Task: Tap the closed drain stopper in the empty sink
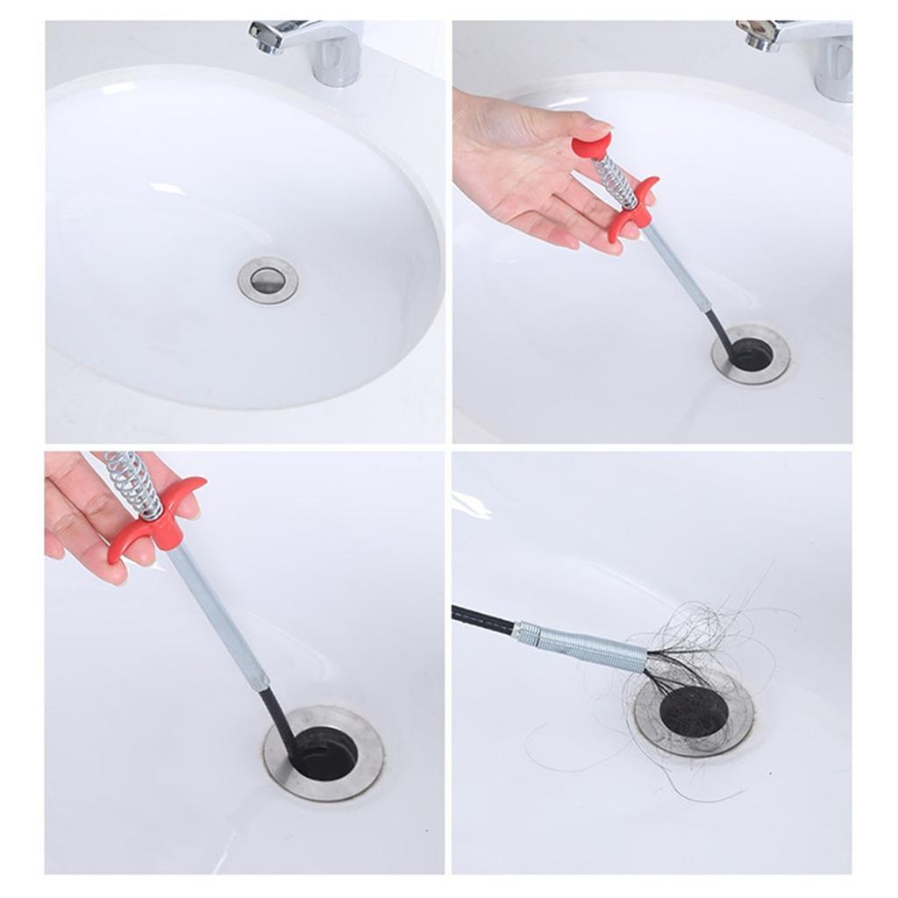pyautogui.click(x=267, y=281)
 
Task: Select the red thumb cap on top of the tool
pyautogui.click(x=592, y=145)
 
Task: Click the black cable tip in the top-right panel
pyautogui.click(x=721, y=333)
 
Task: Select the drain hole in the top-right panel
pyautogui.click(x=752, y=354)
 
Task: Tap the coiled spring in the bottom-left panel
pyautogui.click(x=132, y=482)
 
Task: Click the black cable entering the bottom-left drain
pyautogui.click(x=279, y=715)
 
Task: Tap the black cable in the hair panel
pyautogui.click(x=482, y=618)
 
